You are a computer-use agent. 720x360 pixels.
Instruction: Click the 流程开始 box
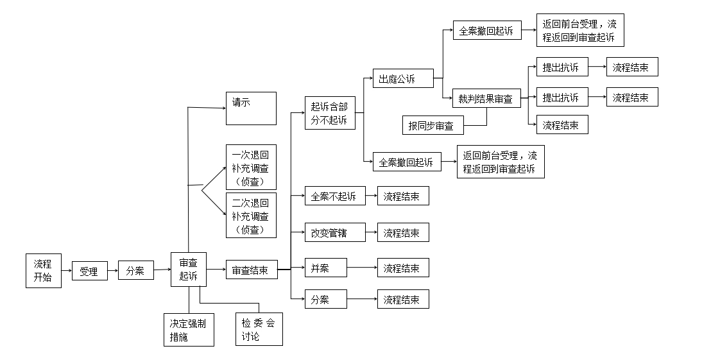pos(43,270)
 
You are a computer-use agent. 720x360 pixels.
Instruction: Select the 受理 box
pos(89,271)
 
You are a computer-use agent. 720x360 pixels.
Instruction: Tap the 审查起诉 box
pos(188,270)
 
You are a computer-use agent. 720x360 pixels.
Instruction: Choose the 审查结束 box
pos(251,270)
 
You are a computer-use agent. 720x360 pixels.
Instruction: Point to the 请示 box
pos(251,108)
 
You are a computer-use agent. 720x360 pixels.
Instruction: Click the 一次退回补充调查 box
pos(251,167)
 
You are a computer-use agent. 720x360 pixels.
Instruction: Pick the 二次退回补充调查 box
pos(251,214)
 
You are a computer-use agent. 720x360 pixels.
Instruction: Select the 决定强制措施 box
pos(189,329)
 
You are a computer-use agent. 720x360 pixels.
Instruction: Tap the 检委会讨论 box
pos(259,329)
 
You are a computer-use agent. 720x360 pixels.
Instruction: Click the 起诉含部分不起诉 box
pos(330,113)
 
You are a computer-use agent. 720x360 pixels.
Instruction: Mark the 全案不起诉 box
pos(334,196)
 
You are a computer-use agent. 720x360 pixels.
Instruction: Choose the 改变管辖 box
pos(334,232)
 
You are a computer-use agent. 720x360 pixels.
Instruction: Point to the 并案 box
pos(325,268)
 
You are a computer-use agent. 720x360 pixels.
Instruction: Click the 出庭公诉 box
pos(403,79)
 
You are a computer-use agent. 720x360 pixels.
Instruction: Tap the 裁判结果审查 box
pos(486,98)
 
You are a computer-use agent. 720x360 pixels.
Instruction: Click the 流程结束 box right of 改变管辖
pos(402,232)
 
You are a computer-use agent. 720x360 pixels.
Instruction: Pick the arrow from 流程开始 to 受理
pos(67,271)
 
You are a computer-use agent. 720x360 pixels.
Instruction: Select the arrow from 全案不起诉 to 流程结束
pos(371,196)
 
